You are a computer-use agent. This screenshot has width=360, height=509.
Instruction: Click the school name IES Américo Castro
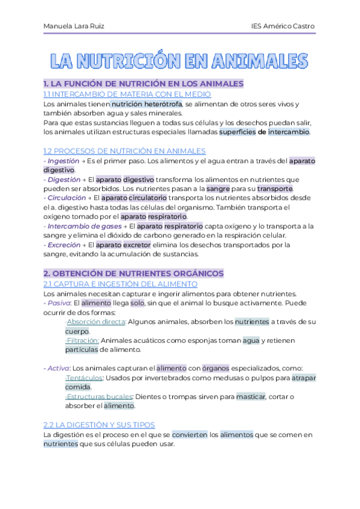coord(283,26)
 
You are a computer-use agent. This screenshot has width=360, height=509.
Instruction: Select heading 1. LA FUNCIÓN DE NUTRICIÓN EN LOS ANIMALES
coord(143,83)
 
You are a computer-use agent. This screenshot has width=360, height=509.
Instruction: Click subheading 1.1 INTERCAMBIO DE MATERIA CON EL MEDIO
coord(127,94)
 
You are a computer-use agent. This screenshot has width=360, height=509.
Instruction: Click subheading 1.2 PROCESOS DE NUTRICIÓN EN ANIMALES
coord(125,151)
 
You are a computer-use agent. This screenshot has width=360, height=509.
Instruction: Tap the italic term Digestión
coord(64,179)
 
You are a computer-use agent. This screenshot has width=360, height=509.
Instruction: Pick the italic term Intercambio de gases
coord(79,226)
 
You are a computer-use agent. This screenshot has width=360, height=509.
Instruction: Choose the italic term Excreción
coord(63,244)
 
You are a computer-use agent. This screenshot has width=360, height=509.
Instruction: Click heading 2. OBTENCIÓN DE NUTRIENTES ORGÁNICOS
coord(133,273)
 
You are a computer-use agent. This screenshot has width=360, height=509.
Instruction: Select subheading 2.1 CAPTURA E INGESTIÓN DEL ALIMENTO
coord(121,283)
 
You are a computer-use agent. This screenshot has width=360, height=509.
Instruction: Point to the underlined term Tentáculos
coord(85,378)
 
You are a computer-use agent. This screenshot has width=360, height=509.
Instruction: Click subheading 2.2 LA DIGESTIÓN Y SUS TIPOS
coord(99,424)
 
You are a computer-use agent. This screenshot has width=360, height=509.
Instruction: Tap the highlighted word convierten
coord(188,434)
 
